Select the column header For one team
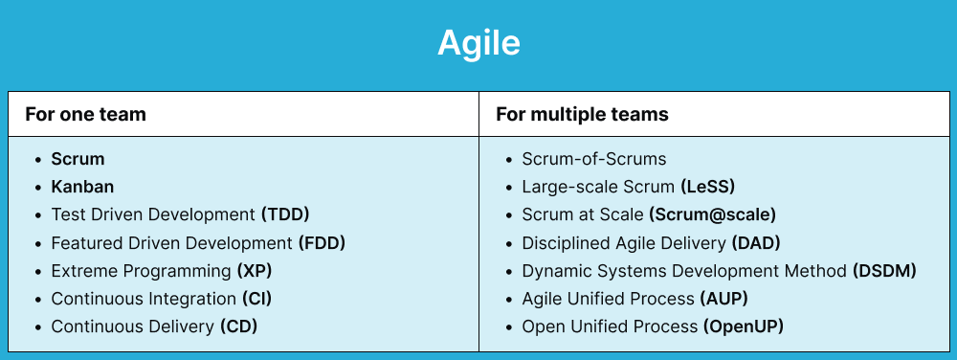click(85, 115)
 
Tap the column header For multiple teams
click(582, 115)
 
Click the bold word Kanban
click(82, 187)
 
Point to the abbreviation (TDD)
click(285, 214)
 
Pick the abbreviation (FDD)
click(322, 243)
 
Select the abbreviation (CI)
click(256, 299)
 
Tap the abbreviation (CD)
click(239, 326)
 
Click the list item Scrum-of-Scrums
click(593, 159)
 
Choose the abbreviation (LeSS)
click(707, 187)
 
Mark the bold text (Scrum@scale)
click(712, 214)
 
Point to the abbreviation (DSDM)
click(884, 271)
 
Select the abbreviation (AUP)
click(725, 299)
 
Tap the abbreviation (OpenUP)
click(744, 326)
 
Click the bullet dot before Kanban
click(37, 188)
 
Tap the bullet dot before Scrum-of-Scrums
click(508, 160)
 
